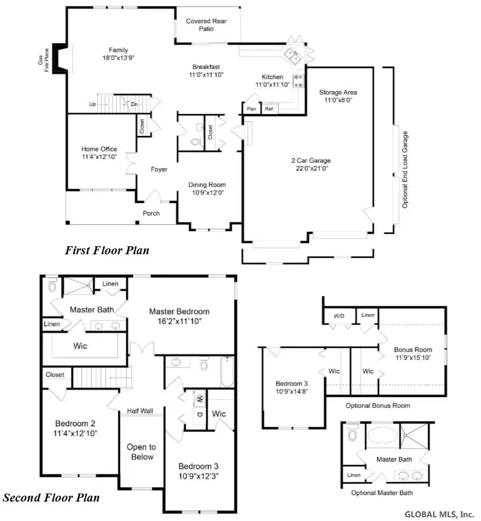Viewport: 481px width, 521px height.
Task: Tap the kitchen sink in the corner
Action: coord(293,54)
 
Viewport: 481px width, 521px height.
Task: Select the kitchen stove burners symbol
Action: coord(298,81)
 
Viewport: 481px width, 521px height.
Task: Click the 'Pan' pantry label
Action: coord(251,109)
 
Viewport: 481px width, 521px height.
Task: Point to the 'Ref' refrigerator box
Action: coord(269,109)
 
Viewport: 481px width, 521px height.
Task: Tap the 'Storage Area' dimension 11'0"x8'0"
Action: coord(338,100)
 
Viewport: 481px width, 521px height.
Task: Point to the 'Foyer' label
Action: coord(159,169)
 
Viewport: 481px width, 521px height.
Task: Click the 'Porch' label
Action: coord(151,213)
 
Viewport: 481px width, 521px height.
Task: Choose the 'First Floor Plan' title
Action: coord(107,251)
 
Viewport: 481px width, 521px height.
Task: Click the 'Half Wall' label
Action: coord(140,411)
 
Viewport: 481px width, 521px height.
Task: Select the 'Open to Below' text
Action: coord(141,452)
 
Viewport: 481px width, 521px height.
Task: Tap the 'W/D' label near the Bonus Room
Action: coord(339,316)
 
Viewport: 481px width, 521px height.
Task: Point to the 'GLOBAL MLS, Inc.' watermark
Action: coord(439,513)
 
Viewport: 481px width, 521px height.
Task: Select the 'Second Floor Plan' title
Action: coord(51,497)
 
